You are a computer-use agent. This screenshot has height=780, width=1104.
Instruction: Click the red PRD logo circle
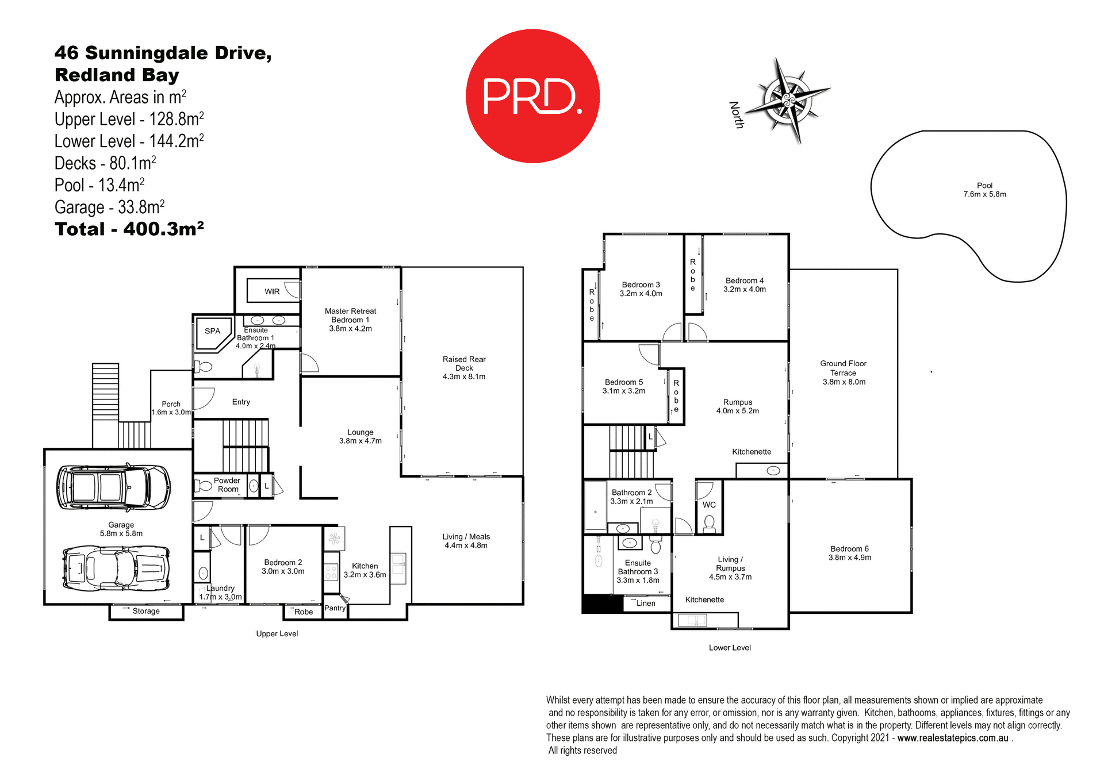(532, 96)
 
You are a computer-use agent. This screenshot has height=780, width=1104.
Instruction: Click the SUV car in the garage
(113, 487)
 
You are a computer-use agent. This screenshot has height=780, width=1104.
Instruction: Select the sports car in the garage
(116, 569)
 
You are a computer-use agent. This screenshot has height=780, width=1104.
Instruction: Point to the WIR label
(272, 292)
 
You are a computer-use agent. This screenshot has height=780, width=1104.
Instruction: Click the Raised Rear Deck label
(464, 368)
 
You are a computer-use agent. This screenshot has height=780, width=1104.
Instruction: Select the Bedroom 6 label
(849, 553)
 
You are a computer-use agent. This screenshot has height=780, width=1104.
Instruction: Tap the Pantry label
(335, 608)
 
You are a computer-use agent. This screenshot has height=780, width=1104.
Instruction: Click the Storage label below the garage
(146, 611)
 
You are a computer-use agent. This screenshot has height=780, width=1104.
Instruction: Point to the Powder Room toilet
(204, 486)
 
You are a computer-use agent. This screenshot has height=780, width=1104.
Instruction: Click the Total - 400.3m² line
(129, 229)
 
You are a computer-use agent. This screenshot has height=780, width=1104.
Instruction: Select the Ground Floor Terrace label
(844, 372)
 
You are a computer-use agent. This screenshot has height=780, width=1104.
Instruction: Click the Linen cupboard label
(646, 604)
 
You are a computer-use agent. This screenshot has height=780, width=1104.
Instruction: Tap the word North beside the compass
(737, 114)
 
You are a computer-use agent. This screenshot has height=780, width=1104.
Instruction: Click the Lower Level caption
(730, 648)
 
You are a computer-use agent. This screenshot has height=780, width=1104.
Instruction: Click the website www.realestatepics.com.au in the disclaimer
(953, 738)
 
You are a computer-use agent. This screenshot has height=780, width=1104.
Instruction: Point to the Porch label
(171, 408)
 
